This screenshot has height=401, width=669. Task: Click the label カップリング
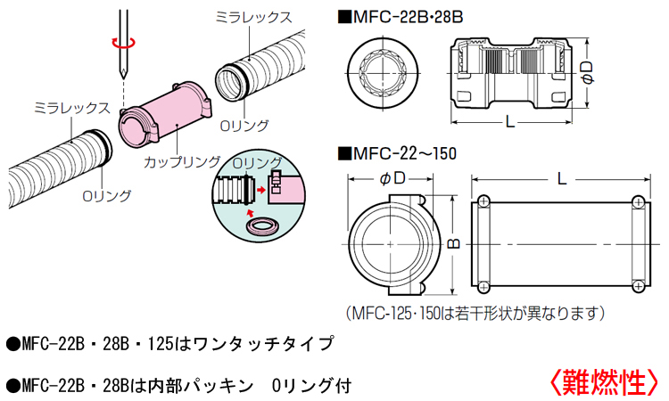182,161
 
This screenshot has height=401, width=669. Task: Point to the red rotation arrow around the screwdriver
121,40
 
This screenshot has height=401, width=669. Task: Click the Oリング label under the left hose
107,195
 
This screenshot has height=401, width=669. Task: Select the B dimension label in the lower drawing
452,241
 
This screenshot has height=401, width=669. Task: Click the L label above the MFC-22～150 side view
560,178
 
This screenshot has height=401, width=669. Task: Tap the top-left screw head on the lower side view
484,201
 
